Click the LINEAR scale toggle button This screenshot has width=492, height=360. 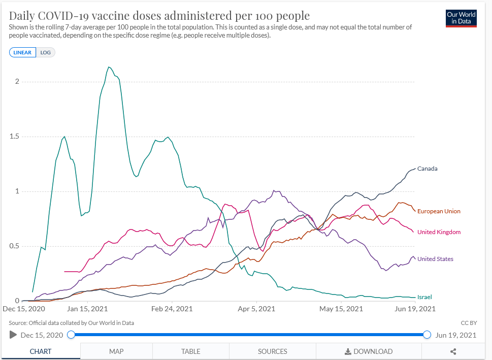[x=22, y=52]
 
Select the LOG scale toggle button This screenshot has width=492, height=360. [x=46, y=52]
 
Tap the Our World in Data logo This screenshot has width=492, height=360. [x=461, y=18]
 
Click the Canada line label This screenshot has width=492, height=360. [x=427, y=169]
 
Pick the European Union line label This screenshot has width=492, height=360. [x=439, y=211]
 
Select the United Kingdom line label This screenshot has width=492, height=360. [x=439, y=232]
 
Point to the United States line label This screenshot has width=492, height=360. [x=435, y=259]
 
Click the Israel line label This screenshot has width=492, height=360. [x=424, y=297]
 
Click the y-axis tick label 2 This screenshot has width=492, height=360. [x=17, y=81]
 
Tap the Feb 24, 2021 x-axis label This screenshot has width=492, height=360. [x=172, y=309]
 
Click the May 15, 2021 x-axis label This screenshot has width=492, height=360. [x=341, y=309]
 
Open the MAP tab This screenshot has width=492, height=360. [x=116, y=351]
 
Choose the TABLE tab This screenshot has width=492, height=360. [x=190, y=351]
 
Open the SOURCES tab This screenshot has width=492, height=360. [x=273, y=351]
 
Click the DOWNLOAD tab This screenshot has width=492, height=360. [x=369, y=351]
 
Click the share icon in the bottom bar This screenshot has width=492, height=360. [x=453, y=351]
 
